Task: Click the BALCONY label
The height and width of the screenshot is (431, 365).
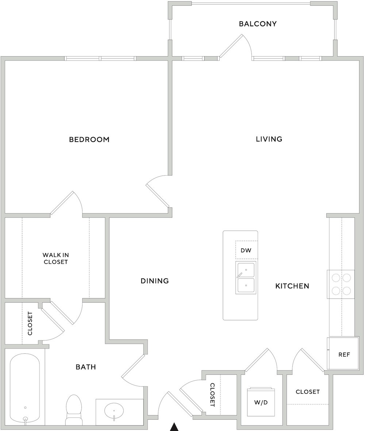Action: pyautogui.click(x=258, y=24)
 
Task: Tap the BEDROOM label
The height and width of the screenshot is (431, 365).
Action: pyautogui.click(x=89, y=140)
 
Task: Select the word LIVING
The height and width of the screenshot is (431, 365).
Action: pyautogui.click(x=269, y=139)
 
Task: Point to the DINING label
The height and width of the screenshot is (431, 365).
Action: pyautogui.click(x=154, y=281)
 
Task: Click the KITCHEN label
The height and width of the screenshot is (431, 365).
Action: pyautogui.click(x=292, y=286)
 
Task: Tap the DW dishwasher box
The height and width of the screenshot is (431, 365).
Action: pyautogui.click(x=246, y=250)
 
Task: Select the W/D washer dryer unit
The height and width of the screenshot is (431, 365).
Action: pyautogui.click(x=261, y=401)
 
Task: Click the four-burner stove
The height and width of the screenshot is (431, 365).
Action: pyautogui.click(x=341, y=284)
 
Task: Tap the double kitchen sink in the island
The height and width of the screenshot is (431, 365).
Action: pyautogui.click(x=246, y=278)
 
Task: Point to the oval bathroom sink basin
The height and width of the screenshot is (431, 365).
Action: pyautogui.click(x=114, y=412)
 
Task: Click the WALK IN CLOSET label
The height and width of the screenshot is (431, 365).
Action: pyautogui.click(x=55, y=259)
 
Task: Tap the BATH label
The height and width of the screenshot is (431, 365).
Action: pyautogui.click(x=86, y=367)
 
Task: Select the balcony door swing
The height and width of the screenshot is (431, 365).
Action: pyautogui.click(x=236, y=47)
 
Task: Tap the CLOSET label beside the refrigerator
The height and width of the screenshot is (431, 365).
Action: pyautogui.click(x=308, y=392)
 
